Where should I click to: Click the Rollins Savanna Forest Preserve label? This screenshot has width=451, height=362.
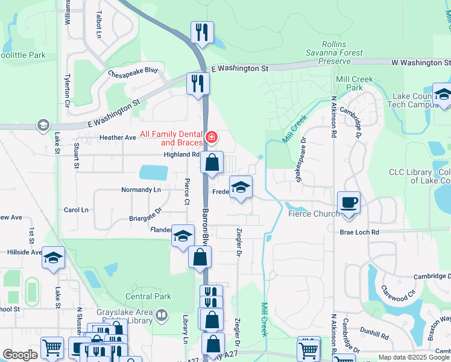[333, 53]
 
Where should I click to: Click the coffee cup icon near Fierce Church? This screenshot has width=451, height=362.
[349, 202]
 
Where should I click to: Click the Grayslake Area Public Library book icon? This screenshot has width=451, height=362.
[161, 314]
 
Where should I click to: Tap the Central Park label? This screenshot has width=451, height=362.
[148, 296]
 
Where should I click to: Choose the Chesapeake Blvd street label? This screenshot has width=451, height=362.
[133, 72]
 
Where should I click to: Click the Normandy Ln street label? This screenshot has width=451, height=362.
[141, 189]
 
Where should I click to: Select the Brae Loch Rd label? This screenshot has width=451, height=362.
[359, 232]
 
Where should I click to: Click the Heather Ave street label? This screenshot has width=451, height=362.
[118, 138]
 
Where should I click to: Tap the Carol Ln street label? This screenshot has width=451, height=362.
[76, 210]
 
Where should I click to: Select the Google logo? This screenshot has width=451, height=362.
[20, 355]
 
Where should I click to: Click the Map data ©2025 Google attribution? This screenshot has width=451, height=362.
[414, 357]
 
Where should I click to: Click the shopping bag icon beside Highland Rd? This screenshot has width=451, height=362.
[212, 162]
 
